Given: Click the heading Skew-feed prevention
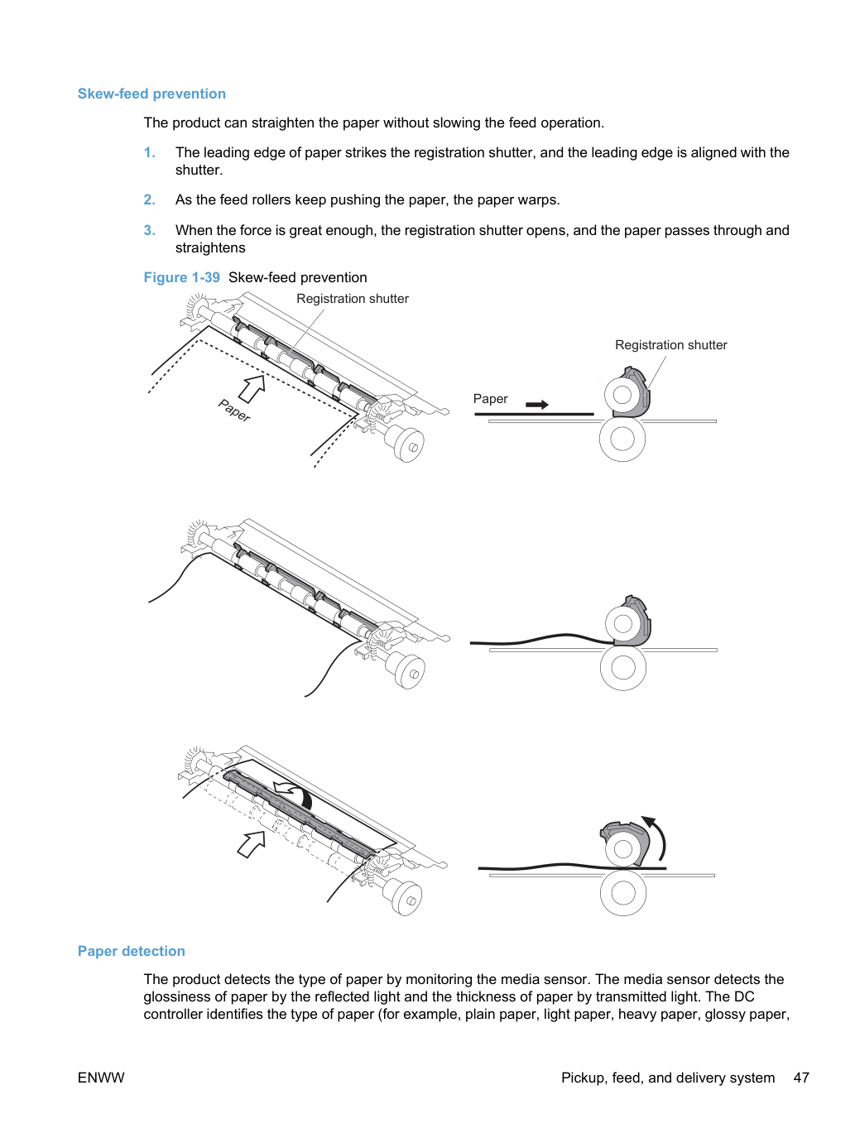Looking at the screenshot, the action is pos(151,94).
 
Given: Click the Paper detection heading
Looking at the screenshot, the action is pos(131,951).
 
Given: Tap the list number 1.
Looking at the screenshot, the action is pos(149,152).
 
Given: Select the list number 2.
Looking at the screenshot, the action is pos(149,199).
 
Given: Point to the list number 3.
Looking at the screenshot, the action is pos(149,230).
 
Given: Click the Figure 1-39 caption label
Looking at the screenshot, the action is pos(181,277).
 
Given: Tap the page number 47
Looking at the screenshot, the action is pos(801,1078).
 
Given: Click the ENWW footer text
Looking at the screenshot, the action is pos(101,1078).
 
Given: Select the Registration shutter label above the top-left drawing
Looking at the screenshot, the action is pos(352,299).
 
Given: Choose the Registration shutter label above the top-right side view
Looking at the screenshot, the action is pos(671,345).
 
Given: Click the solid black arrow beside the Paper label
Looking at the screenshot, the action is pos(536,405).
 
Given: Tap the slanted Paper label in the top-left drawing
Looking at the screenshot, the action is pos(234,411).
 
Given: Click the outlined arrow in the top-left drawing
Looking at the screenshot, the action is pos(252,388).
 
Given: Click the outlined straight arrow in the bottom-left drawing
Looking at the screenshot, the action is pos(252,844).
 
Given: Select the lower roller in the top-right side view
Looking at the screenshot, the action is pos(622,439).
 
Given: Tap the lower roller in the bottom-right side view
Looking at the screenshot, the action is pos(623,893).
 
